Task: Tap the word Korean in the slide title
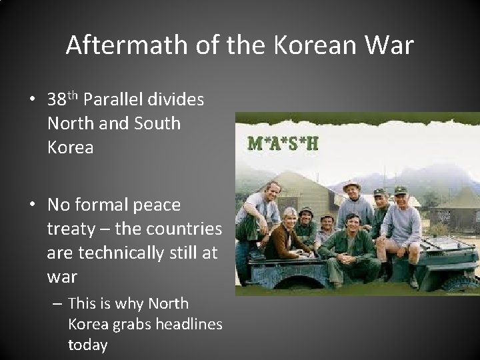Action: point(309,45)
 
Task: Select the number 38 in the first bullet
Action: point(56,100)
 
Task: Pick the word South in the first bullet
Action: point(157,123)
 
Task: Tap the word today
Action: point(87,345)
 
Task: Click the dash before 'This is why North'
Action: point(57,304)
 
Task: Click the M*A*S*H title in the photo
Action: point(283,144)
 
